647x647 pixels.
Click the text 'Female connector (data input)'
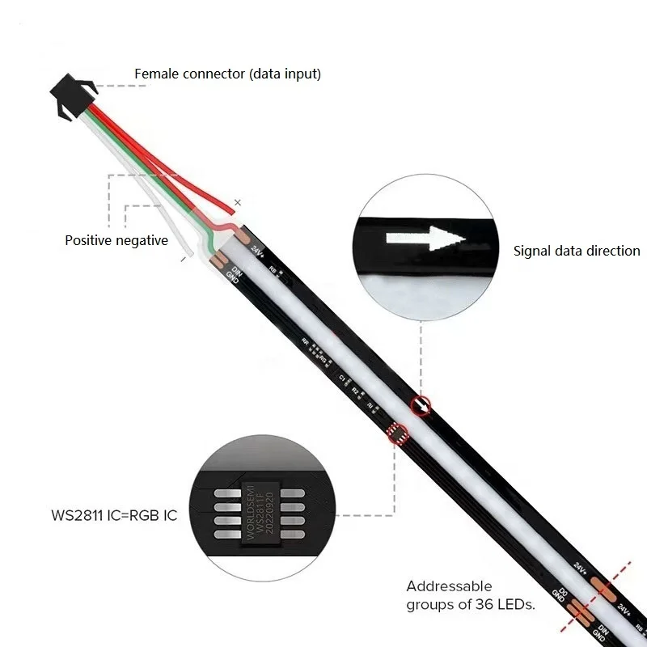[x=227, y=74]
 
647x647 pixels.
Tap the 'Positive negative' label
[x=116, y=240]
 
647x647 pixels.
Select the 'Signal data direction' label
[x=577, y=251]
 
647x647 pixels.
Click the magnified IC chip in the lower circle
[x=263, y=514]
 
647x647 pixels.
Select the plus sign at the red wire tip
[x=237, y=203]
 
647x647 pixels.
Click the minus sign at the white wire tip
[x=184, y=260]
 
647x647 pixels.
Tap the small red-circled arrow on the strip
[x=421, y=405]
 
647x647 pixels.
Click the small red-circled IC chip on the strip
[x=397, y=434]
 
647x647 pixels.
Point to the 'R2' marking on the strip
[x=354, y=391]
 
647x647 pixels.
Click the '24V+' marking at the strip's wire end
[x=258, y=251]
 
